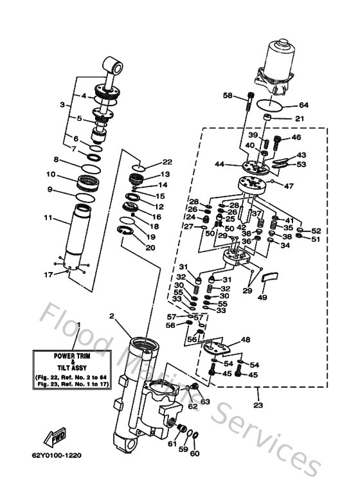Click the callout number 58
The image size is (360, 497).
(228, 95)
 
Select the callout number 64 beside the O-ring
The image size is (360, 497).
(303, 105)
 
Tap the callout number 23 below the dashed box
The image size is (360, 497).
(258, 405)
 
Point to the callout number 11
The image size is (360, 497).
(48, 218)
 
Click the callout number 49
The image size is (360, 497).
(261, 297)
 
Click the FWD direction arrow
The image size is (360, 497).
(54, 439)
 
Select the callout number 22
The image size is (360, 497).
(167, 162)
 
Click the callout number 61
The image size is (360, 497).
(172, 443)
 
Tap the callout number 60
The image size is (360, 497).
(195, 454)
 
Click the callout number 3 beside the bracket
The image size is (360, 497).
(62, 104)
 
